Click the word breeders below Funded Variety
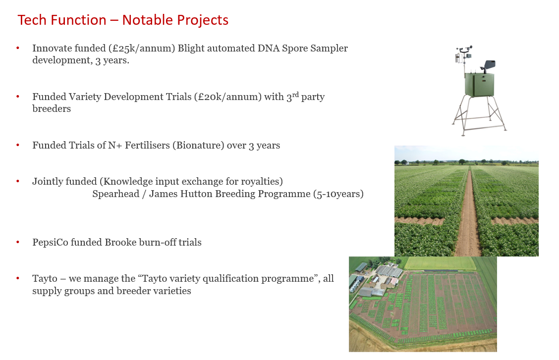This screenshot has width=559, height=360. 52,108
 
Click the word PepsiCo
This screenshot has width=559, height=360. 50,242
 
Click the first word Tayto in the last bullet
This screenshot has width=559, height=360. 45,278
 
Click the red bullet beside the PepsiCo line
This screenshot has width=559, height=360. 18,242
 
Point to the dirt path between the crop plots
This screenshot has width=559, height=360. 468,213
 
